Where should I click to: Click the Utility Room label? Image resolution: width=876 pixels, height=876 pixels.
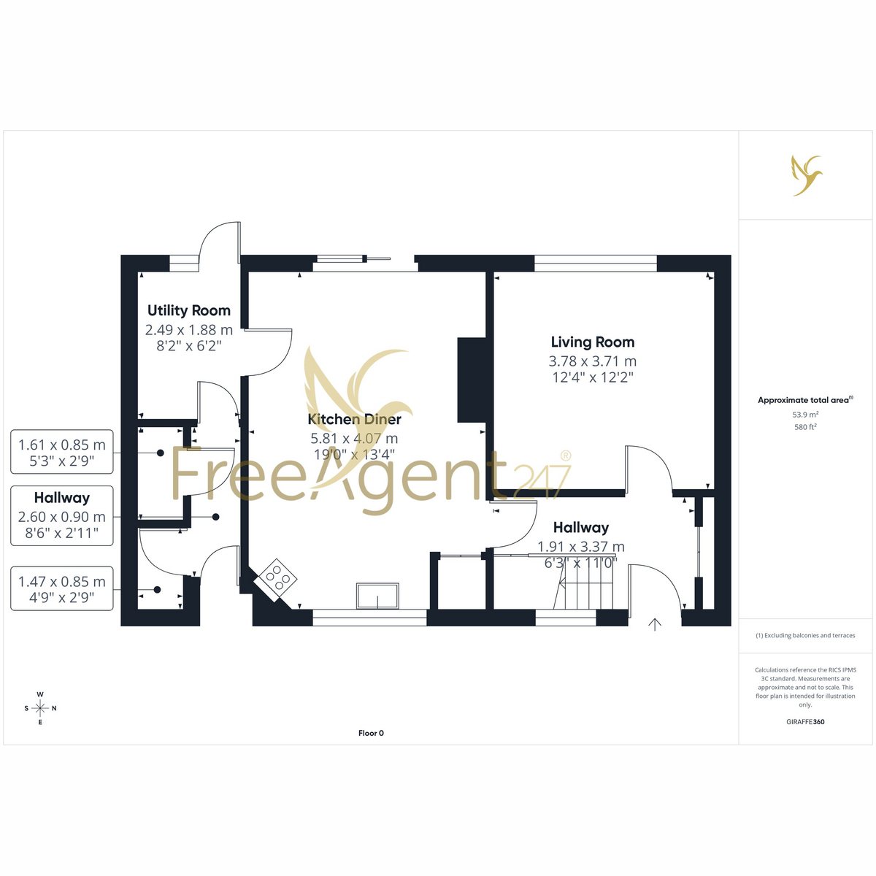coord(188,310)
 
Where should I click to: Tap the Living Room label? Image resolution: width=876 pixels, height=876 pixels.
coord(592,342)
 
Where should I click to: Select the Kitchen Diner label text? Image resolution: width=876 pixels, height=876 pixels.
coord(354,419)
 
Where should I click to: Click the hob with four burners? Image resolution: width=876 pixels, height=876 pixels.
coord(277,580)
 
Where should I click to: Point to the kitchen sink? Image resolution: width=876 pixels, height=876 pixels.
coord(377,596)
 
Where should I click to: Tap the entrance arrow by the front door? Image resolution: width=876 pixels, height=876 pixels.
coord(655,625)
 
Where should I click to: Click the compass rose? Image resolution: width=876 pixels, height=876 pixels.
coord(40,708)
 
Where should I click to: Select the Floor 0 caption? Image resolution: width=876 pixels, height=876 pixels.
coord(371,733)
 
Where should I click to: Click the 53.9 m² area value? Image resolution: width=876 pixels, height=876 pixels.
coord(805,415)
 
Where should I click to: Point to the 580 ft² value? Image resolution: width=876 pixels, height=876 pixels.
coord(805,427)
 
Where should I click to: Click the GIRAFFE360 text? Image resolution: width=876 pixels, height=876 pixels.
coord(805,721)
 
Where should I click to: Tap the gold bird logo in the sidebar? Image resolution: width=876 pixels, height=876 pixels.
coord(806,175)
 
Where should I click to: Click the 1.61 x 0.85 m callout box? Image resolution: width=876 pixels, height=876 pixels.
coord(62,452)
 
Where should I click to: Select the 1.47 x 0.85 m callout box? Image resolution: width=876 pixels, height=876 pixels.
coord(62,588)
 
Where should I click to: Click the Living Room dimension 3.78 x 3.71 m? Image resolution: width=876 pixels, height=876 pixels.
coord(592,361)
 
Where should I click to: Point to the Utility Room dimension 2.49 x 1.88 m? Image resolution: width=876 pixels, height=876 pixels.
coord(188,329)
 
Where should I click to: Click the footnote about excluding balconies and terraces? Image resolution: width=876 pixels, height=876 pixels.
coord(805,636)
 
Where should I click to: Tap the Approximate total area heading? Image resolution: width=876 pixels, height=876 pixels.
coord(805,400)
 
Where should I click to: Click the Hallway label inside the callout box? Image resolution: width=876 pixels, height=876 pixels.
coord(62,498)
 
